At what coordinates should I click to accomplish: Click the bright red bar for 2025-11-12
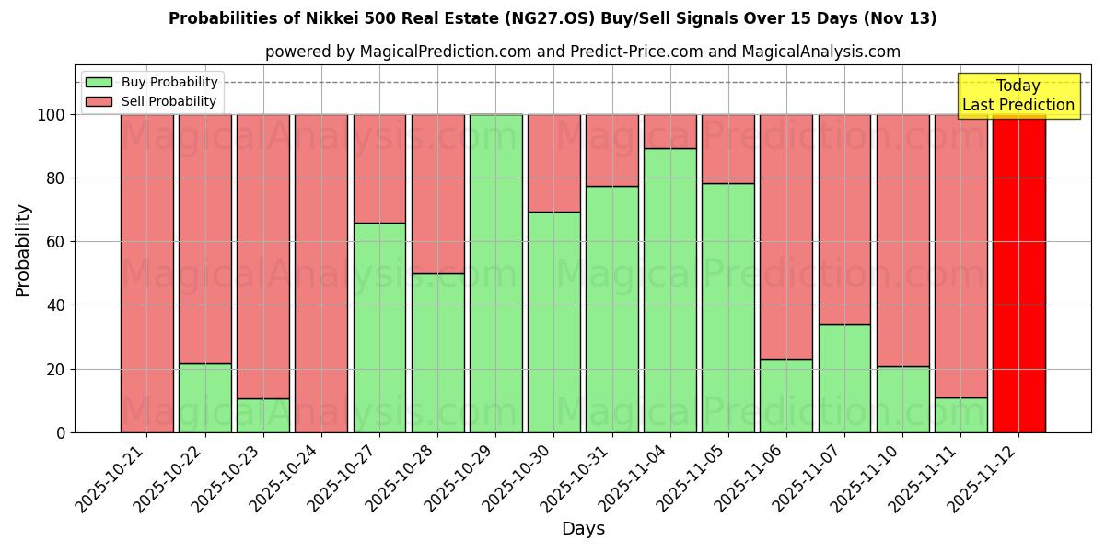(x=1018, y=273)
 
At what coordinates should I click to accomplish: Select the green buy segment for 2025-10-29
(x=495, y=273)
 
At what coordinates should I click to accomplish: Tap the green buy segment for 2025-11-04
(x=669, y=290)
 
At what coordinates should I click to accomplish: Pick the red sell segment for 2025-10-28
(x=437, y=193)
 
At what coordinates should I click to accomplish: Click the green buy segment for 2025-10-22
(x=204, y=397)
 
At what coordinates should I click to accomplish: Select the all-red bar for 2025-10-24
(x=321, y=273)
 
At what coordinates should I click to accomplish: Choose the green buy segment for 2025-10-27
(x=379, y=327)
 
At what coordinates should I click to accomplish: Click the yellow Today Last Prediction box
(x=1018, y=96)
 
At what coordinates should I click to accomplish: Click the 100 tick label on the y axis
(x=52, y=115)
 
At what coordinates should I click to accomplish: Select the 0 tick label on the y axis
(x=61, y=432)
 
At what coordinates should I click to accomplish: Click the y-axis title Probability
(x=23, y=249)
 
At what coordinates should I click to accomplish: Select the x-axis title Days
(x=583, y=529)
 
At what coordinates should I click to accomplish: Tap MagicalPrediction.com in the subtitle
(x=445, y=52)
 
